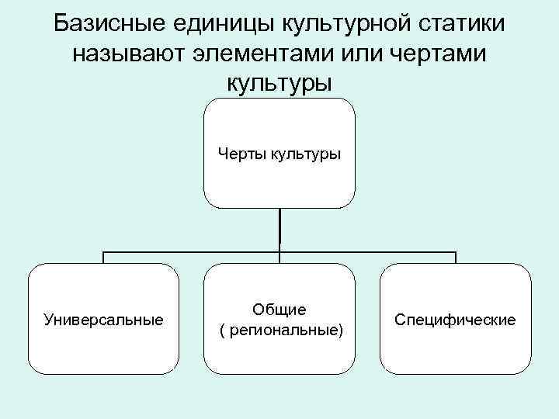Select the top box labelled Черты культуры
coord(279,178)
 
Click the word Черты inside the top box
coord(241,154)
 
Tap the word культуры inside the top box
coord(305,154)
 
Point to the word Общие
coord(279,310)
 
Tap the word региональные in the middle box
coord(282,330)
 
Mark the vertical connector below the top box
coord(279,229)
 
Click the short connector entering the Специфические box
coord(456,258)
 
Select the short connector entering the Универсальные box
coord(104,258)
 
